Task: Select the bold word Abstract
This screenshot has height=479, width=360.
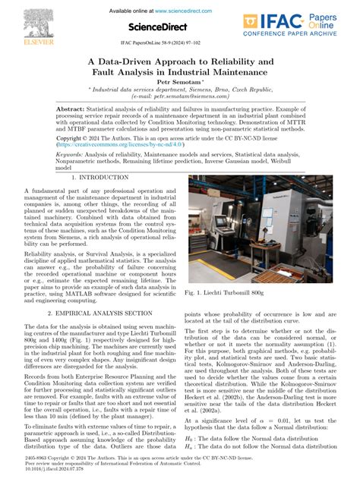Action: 70,110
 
